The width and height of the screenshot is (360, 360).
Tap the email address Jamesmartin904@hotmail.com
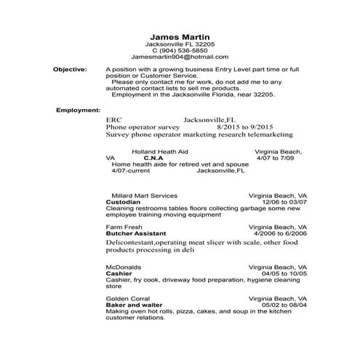pyautogui.click(x=180, y=56)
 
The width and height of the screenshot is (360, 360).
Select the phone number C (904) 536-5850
pyautogui.click(x=180, y=49)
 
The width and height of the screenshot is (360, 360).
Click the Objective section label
pyautogui.click(x=70, y=69)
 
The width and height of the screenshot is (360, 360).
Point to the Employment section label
pyautogui.click(x=78, y=110)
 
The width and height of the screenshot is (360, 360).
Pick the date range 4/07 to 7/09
pyautogui.click(x=279, y=158)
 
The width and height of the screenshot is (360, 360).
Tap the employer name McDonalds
pyautogui.click(x=124, y=266)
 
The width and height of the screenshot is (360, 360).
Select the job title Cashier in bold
pyautogui.click(x=119, y=273)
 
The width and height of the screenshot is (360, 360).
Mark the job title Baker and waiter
pyautogui.click(x=135, y=305)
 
